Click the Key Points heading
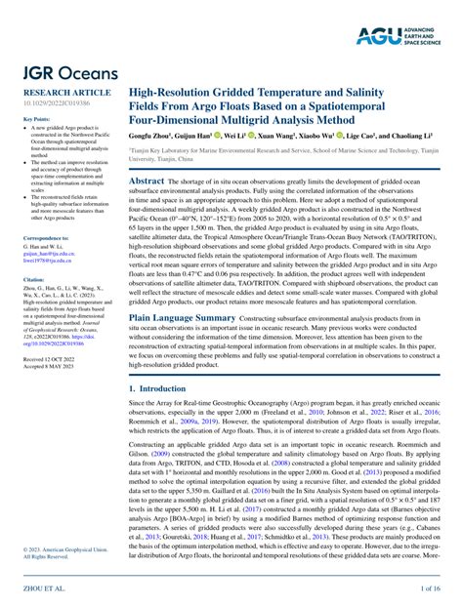[x=36, y=119]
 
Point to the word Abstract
[x=147, y=182]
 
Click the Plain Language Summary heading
[x=183, y=318]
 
